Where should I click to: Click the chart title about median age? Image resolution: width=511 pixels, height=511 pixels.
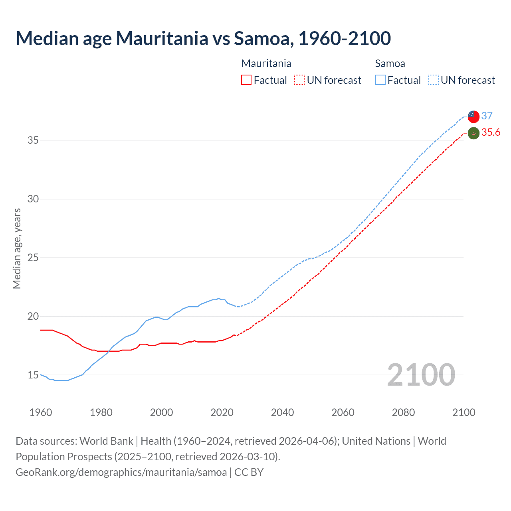tap(203, 38)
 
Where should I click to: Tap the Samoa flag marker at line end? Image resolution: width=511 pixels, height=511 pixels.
tap(473, 116)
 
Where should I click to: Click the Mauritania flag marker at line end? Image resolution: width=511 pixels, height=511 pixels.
tap(473, 133)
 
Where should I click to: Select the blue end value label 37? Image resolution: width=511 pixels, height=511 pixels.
tap(487, 116)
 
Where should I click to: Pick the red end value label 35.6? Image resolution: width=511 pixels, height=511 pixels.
tap(491, 133)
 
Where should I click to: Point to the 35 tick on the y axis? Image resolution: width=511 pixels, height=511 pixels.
tap(33, 141)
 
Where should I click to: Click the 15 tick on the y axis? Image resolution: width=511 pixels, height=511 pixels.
tap(33, 375)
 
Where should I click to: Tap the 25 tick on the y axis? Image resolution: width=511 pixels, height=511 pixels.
tap(33, 257)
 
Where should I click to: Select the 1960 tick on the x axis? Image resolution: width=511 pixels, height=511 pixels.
tap(41, 412)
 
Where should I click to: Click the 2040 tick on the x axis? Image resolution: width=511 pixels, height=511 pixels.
tap(282, 412)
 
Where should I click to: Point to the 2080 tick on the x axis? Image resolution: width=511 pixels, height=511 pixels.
tap(403, 412)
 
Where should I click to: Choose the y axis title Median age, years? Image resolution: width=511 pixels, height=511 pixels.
tap(17, 248)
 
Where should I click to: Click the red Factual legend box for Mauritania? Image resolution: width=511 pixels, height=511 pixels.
tap(246, 80)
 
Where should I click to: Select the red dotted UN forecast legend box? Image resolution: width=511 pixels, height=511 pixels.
tap(299, 80)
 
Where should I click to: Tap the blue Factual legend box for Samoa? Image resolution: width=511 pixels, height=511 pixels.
tap(380, 80)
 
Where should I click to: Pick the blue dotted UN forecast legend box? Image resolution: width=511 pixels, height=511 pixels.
tap(434, 80)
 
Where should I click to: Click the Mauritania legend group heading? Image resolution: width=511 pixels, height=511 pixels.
tap(266, 63)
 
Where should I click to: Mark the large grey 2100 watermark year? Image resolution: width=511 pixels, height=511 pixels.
tap(421, 374)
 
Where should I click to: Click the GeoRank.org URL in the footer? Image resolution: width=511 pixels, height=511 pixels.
tap(121, 472)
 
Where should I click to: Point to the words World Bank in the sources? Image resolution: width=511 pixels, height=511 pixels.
tap(106, 441)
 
